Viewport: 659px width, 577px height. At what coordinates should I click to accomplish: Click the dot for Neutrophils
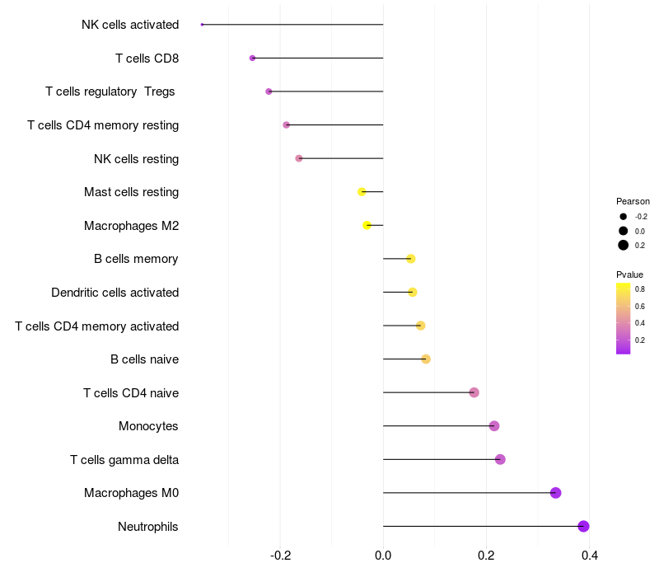[583, 526]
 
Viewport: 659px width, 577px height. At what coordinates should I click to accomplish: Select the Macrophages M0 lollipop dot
[555, 493]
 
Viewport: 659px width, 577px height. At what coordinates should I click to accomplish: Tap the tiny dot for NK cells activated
[202, 25]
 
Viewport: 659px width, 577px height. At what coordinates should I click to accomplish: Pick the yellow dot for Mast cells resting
[362, 192]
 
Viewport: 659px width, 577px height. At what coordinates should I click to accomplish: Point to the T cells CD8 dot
[252, 58]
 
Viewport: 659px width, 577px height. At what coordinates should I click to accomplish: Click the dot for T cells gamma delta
[500, 459]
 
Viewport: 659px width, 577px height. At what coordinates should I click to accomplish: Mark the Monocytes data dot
[494, 426]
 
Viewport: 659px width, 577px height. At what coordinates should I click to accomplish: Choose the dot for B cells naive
[426, 359]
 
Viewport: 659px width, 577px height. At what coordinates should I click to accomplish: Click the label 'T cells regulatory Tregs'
[110, 91]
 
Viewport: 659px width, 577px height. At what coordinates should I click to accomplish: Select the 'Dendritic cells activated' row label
[115, 293]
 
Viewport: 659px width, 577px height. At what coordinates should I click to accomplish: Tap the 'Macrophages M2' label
[131, 226]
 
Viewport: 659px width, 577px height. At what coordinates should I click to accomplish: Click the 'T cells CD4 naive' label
[131, 392]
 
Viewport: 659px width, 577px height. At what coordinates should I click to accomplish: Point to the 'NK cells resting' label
[136, 158]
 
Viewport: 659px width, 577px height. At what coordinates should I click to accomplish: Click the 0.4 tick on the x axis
[590, 556]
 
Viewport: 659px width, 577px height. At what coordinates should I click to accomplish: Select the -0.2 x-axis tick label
[280, 556]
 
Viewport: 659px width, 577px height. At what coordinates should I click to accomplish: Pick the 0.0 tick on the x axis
[383, 556]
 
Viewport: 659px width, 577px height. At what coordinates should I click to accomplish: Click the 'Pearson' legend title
[633, 201]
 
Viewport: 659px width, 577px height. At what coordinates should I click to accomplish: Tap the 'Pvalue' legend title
[629, 274]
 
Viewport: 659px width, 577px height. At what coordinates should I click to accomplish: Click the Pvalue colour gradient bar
[624, 318]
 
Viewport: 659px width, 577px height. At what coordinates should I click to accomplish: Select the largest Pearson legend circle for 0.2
[624, 245]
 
